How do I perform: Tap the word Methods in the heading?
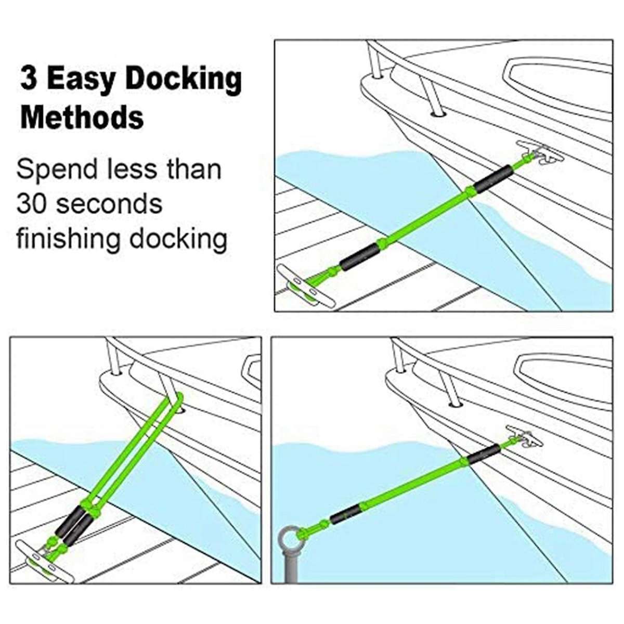coord(82,117)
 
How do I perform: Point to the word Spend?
coord(57,170)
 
